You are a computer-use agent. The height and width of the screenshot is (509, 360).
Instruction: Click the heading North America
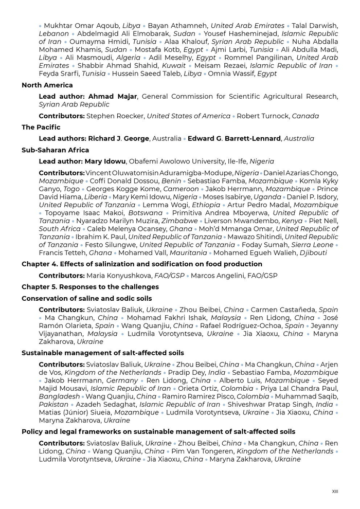click(x=47, y=85)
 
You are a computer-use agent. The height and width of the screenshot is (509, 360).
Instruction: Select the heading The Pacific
click(x=41, y=127)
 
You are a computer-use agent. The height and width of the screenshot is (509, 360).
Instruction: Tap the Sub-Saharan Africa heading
click(x=55, y=150)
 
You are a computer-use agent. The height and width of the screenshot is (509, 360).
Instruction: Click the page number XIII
click(x=335, y=492)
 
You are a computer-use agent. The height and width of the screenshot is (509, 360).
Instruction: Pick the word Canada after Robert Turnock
click(x=305, y=116)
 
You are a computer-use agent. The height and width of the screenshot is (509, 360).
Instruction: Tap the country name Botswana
click(x=146, y=213)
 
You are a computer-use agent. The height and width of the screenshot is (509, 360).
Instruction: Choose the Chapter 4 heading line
click(x=142, y=264)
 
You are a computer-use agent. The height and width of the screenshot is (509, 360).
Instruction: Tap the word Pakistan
click(x=53, y=405)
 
